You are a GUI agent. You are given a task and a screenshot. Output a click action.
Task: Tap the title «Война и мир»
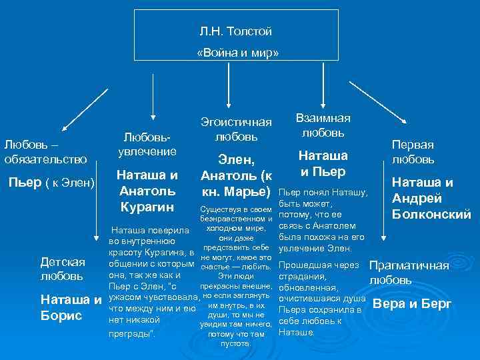[x=237, y=52]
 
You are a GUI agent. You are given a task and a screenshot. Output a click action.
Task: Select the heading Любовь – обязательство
[x=45, y=151]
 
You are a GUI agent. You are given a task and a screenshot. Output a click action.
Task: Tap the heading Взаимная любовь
[x=322, y=125]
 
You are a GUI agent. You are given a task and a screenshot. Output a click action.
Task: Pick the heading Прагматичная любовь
[x=409, y=272]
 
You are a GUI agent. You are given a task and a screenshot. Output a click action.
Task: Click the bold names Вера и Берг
[x=412, y=304]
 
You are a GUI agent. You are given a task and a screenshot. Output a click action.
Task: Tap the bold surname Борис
[x=60, y=315]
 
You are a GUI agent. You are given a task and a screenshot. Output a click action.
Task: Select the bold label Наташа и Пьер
[x=323, y=164]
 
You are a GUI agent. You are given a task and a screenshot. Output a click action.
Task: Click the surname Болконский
[x=431, y=214]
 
